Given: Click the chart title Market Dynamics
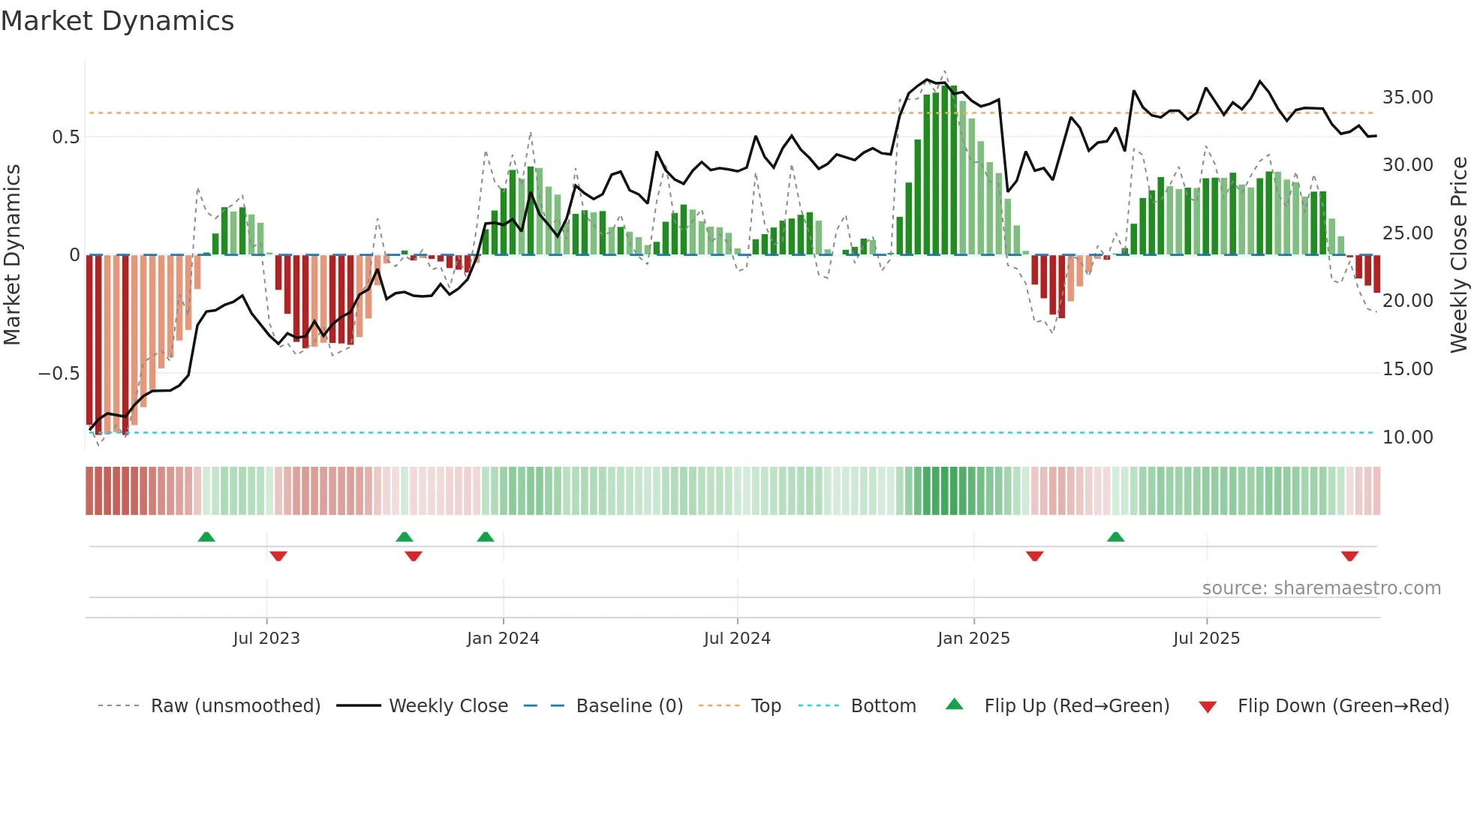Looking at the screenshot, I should point(118,21).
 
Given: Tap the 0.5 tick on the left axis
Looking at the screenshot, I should point(65,137).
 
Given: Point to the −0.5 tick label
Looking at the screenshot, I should point(59,374).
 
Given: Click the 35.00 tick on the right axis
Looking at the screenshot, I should point(1407,98).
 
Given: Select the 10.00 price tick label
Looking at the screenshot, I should point(1407,438).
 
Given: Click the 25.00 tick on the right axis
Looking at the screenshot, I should point(1407,233).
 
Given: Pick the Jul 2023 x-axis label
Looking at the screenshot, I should point(266,639).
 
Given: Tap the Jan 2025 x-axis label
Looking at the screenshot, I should point(973,639).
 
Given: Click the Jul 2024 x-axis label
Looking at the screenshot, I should point(737,639).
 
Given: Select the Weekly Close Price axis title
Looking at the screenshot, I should point(1458,255).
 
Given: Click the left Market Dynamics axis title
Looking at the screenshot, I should point(12,255).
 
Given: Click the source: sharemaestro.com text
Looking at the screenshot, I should point(1321,588).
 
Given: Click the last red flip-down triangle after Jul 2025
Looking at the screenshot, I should point(1349,556).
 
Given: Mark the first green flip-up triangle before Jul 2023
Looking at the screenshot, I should point(206,537).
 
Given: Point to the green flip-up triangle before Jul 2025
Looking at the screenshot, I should point(1115,537).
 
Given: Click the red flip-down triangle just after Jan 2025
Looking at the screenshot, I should point(1034,556).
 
